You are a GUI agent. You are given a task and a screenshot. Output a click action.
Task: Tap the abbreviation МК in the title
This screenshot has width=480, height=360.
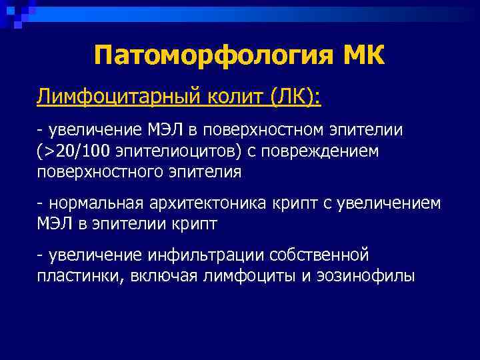tap(364, 55)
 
